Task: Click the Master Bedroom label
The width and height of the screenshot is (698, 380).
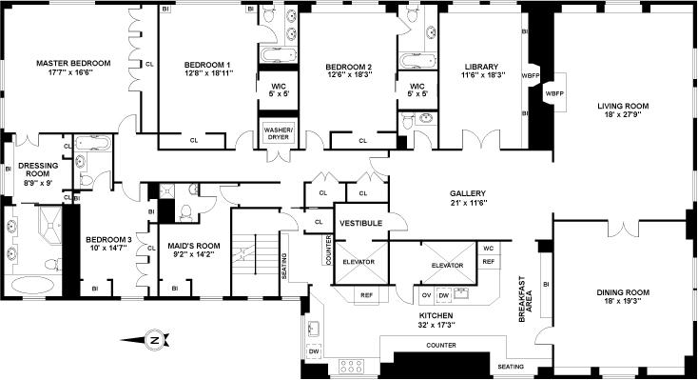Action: click(x=73, y=63)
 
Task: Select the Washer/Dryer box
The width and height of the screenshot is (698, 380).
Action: click(x=279, y=133)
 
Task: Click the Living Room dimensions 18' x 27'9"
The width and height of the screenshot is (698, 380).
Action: click(x=623, y=114)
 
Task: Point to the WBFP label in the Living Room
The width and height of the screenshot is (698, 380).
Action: click(x=554, y=93)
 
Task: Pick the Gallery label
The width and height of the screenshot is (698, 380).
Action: click(x=468, y=193)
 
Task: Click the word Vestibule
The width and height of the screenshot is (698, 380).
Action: click(x=361, y=223)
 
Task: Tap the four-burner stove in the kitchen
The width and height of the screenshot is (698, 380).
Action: click(x=351, y=366)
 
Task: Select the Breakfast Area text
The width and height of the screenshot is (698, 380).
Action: click(x=525, y=299)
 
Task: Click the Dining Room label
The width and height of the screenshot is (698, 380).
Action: click(x=623, y=292)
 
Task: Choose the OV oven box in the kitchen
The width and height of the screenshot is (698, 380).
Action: click(x=426, y=295)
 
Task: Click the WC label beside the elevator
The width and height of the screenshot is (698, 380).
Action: click(x=489, y=248)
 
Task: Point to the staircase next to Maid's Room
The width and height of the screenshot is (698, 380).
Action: click(x=255, y=252)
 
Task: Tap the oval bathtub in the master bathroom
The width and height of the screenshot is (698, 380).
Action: click(x=33, y=285)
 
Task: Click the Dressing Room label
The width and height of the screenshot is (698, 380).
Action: click(x=38, y=170)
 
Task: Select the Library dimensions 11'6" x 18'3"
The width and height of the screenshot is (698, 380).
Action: click(x=482, y=75)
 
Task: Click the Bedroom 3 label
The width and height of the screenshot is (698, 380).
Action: click(x=108, y=240)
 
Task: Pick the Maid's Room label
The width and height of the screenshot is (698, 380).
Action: click(x=194, y=246)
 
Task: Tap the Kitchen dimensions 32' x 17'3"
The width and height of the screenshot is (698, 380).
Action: click(x=436, y=324)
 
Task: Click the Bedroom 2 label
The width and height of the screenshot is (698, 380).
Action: click(x=349, y=67)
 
